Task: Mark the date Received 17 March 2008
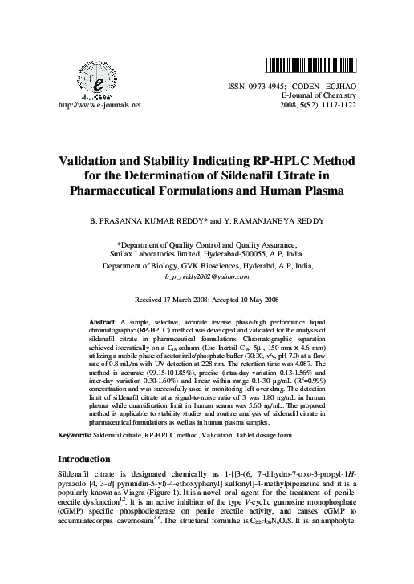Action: [x=168, y=298]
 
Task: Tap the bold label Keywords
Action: [x=79, y=434]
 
